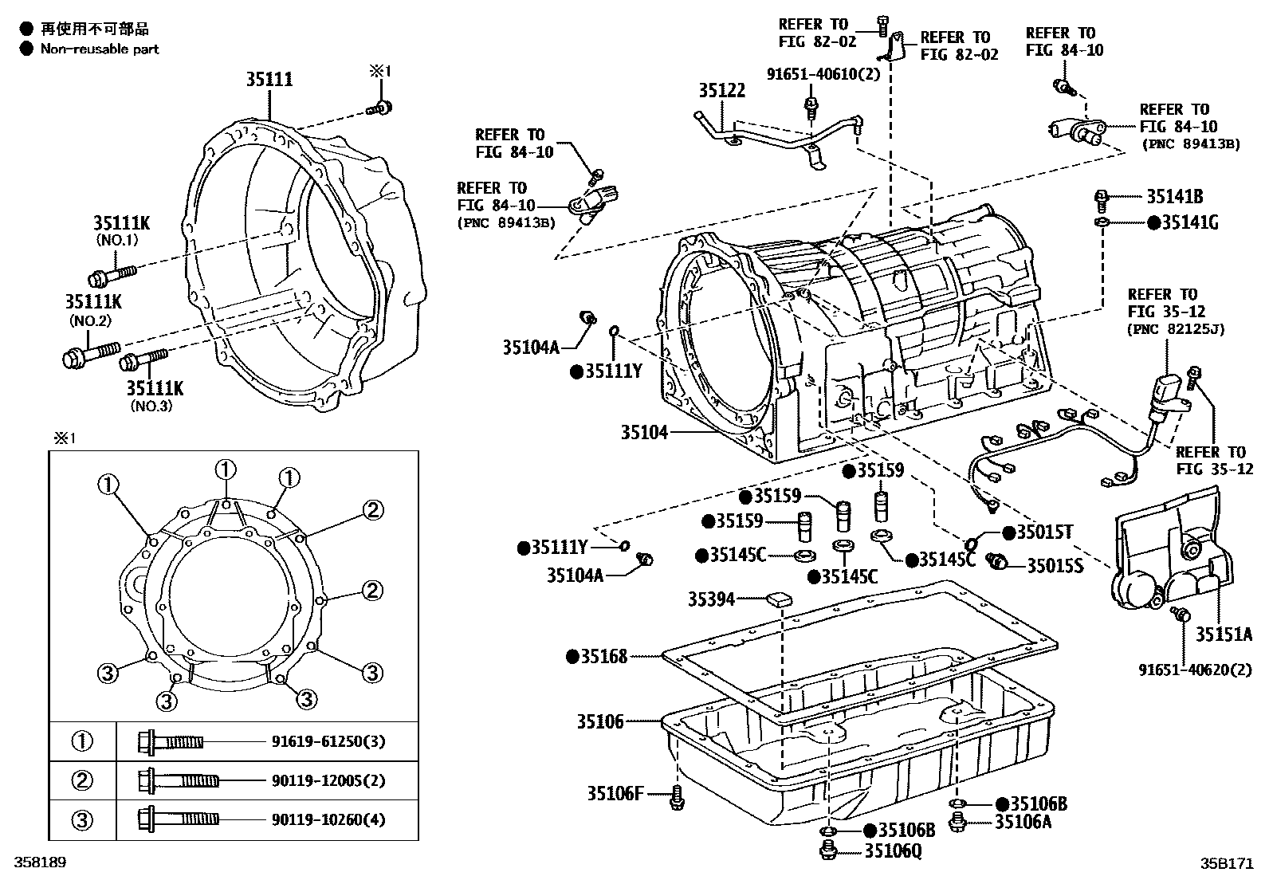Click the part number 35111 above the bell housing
(269, 80)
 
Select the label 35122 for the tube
(722, 91)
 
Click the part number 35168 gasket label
(603, 657)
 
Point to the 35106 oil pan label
(600, 722)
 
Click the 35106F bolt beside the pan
(677, 795)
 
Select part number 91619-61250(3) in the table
(328, 742)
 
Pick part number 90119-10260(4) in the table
(328, 819)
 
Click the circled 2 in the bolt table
(83, 780)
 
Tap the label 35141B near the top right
(1175, 197)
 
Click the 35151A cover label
(1224, 634)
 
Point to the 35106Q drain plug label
(893, 851)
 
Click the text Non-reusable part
(100, 49)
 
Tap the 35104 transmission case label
(644, 433)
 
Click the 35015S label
(1055, 566)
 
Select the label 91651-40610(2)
(811, 74)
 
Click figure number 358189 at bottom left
(36, 862)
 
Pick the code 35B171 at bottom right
(1228, 862)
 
